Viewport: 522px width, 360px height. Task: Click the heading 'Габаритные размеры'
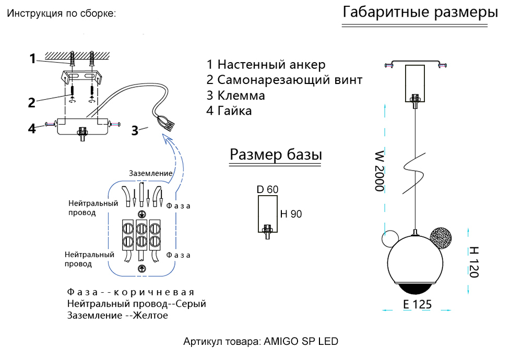click(x=420, y=13)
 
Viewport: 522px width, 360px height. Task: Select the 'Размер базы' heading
click(x=276, y=155)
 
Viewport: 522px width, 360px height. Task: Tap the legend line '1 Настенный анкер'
click(x=266, y=65)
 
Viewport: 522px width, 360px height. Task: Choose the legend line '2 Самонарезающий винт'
click(x=284, y=80)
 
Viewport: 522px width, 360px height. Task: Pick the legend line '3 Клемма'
click(x=235, y=95)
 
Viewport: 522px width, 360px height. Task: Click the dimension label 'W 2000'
click(x=379, y=172)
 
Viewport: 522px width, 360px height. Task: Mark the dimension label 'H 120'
click(x=473, y=262)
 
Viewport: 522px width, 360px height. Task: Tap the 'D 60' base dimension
click(x=267, y=189)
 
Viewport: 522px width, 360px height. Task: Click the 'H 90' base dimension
click(x=291, y=214)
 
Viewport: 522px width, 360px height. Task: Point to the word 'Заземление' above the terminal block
click(x=150, y=173)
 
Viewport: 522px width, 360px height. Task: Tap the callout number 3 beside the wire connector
click(x=135, y=131)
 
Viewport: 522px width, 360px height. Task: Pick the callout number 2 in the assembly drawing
click(x=32, y=102)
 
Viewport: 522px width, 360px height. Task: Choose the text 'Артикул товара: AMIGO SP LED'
click(x=260, y=342)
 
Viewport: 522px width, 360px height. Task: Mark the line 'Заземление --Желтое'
click(x=117, y=315)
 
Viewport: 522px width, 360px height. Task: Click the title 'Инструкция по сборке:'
click(x=61, y=14)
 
